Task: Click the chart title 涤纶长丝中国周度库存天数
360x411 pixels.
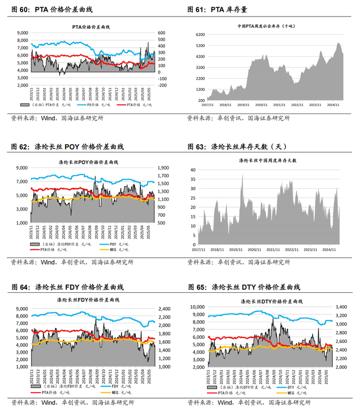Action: [267, 161]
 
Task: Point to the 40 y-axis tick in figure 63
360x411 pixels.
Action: [193, 169]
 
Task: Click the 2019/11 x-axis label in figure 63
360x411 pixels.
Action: [236, 250]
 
